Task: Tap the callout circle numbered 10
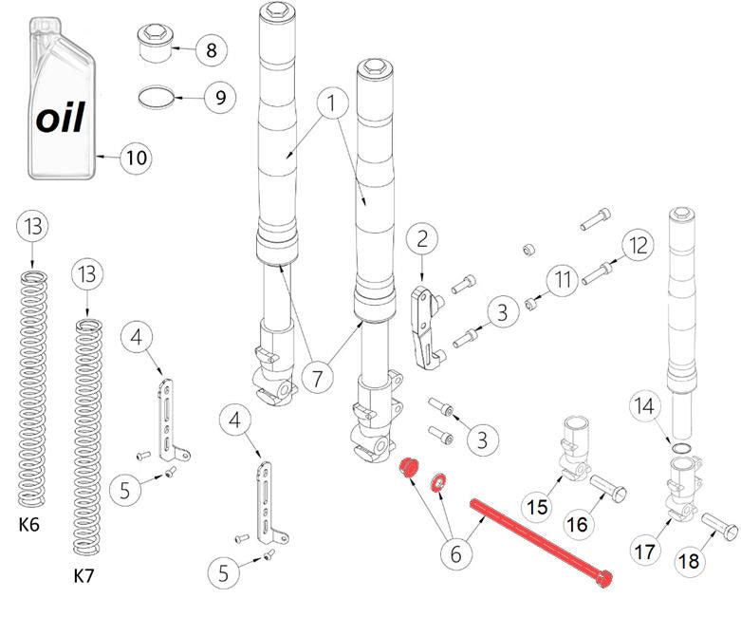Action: click(137, 158)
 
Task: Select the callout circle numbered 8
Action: click(212, 50)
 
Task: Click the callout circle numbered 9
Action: click(219, 97)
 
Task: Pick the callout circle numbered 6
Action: click(455, 553)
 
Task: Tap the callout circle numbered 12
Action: click(638, 245)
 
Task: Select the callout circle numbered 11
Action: click(565, 279)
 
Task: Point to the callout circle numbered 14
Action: click(645, 408)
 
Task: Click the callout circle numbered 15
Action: click(537, 507)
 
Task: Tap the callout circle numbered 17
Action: click(645, 549)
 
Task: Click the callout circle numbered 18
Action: click(690, 561)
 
